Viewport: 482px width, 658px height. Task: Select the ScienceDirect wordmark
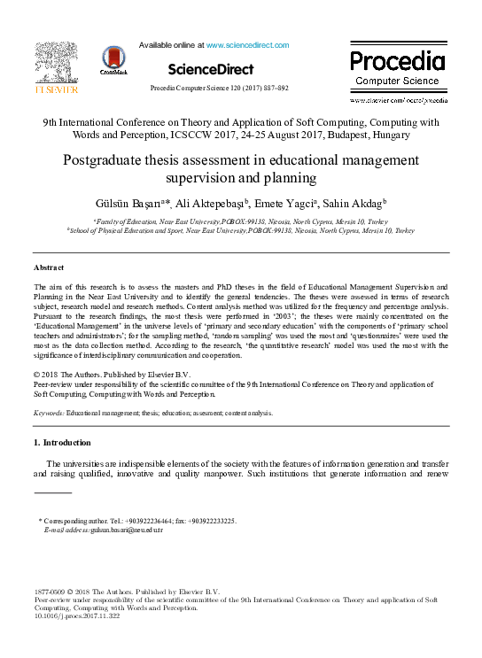point(210,69)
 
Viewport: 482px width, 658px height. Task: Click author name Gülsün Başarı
point(140,203)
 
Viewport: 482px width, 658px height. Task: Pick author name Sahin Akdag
point(352,203)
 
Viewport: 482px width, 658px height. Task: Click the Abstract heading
point(49,267)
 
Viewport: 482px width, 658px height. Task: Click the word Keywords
point(49,413)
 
